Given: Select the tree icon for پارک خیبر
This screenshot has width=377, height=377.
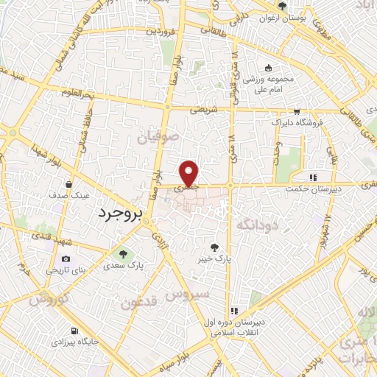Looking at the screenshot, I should (x=214, y=248).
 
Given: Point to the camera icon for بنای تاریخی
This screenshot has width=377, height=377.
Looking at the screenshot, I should (x=66, y=259).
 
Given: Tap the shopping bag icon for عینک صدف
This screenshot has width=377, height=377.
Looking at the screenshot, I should (x=68, y=184).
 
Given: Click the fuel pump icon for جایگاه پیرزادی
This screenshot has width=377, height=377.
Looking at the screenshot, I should (x=74, y=331).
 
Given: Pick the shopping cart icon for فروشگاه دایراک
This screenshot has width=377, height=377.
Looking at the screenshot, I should (x=296, y=113).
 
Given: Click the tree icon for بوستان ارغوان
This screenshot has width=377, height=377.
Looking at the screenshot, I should (x=283, y=7).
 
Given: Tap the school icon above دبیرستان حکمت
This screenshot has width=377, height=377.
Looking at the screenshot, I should (x=313, y=177).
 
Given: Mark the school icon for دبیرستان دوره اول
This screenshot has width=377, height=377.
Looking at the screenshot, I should (x=233, y=311).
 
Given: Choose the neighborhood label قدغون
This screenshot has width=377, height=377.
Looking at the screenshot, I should (x=139, y=302).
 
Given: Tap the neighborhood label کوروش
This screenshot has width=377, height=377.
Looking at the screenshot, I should (x=49, y=299).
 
